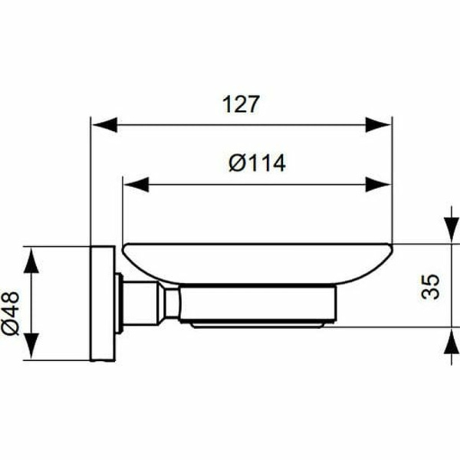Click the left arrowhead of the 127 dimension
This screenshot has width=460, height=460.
click(x=103, y=123)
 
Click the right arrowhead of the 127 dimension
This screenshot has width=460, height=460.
click(x=380, y=123)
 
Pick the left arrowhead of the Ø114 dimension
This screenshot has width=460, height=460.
click(x=135, y=183)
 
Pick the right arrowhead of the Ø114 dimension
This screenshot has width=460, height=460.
click(x=380, y=183)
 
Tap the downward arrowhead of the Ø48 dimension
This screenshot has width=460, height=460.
click(x=30, y=348)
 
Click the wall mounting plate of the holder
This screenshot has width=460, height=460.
click(x=102, y=303)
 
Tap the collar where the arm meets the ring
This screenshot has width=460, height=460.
click(x=169, y=304)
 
